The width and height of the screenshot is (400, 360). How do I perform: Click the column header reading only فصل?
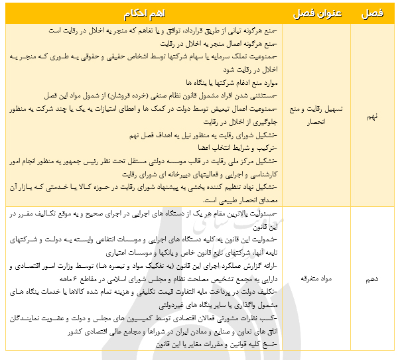[x=372, y=13]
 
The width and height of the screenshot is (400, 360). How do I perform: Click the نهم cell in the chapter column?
[x=372, y=115]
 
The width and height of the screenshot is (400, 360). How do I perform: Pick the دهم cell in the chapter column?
[x=372, y=280]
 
